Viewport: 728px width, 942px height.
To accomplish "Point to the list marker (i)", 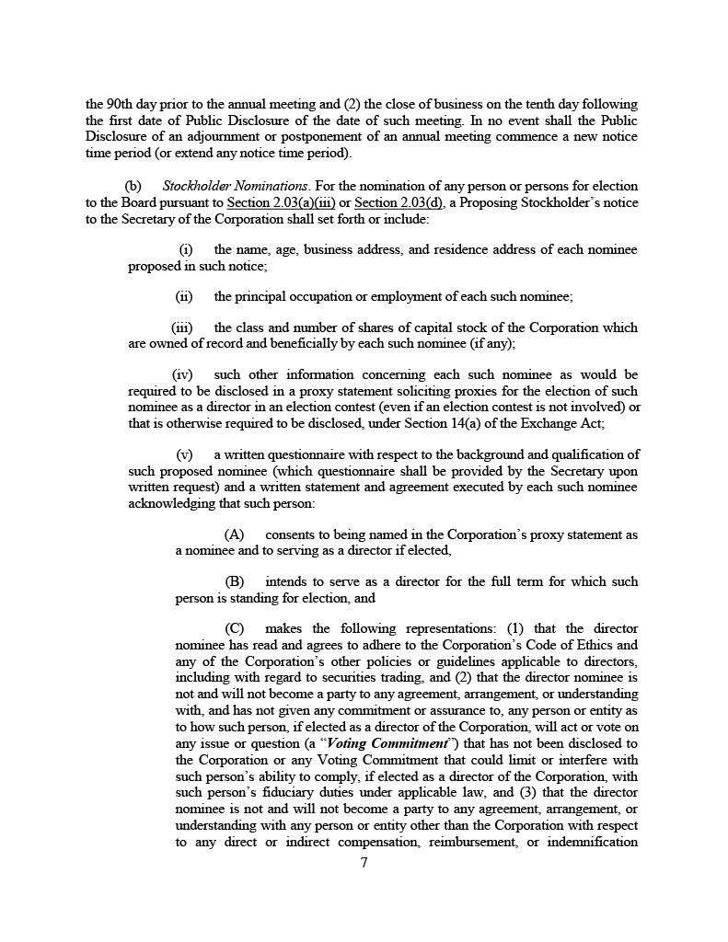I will pyautogui.click(x=185, y=249).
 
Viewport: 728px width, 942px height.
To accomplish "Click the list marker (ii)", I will pyautogui.click(x=184, y=296).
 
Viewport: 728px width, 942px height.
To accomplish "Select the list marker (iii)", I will pyautogui.click(x=182, y=327).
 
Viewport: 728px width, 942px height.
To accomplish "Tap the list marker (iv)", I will pyautogui.click(x=182, y=374).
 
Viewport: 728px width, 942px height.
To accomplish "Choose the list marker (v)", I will pyautogui.click(x=184, y=454).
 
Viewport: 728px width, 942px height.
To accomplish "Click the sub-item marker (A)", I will pyautogui.click(x=235, y=534).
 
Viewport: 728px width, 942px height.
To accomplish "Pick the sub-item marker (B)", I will pyautogui.click(x=235, y=581).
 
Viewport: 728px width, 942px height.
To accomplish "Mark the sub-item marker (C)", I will pyautogui.click(x=235, y=628).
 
